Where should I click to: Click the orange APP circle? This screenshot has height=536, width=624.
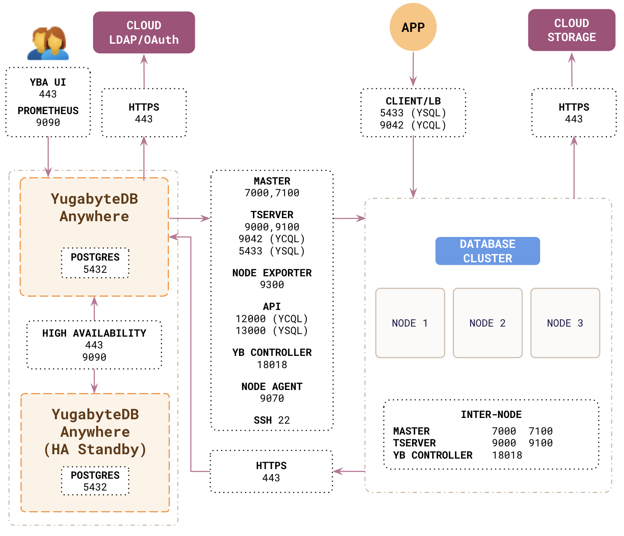click(413, 27)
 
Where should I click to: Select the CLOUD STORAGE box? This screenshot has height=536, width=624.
click(572, 30)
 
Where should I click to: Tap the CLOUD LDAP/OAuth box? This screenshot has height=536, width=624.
click(144, 33)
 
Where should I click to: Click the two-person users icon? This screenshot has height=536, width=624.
click(49, 44)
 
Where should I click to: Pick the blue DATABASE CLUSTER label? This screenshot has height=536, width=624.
click(488, 251)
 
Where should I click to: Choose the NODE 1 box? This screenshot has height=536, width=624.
click(410, 323)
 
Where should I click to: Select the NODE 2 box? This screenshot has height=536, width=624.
click(488, 323)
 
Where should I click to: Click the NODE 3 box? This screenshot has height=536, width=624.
click(565, 323)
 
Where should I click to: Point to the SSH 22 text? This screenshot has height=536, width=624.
click(272, 420)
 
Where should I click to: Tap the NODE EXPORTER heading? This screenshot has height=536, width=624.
click(272, 273)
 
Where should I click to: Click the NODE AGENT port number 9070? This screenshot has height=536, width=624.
click(272, 398)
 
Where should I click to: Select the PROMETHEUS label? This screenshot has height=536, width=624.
click(48, 111)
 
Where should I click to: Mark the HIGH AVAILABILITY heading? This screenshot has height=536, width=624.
click(94, 333)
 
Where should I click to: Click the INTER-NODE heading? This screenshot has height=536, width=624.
click(491, 414)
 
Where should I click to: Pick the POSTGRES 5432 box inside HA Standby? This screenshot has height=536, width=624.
click(95, 481)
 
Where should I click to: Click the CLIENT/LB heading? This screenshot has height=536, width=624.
click(413, 101)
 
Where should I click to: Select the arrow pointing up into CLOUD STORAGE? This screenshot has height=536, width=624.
click(572, 70)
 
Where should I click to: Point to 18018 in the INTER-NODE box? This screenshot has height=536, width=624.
click(507, 455)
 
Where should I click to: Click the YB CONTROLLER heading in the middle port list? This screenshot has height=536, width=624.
click(272, 352)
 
